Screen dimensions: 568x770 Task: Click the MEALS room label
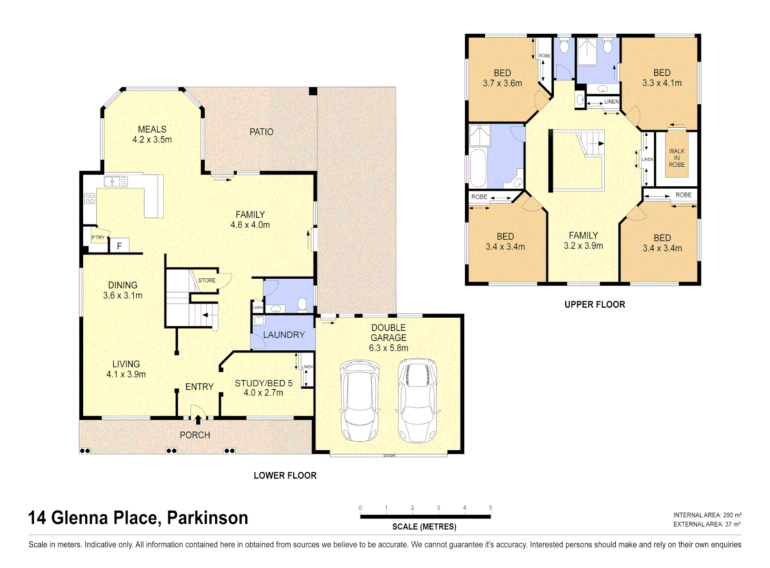pyautogui.click(x=152, y=129)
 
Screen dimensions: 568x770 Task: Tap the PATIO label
pyautogui.click(x=261, y=132)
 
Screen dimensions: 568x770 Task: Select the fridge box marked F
pyautogui.click(x=119, y=246)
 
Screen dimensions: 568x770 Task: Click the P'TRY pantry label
pyautogui.click(x=98, y=238)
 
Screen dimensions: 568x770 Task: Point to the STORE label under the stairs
pyautogui.click(x=207, y=280)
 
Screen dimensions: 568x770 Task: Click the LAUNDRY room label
pyautogui.click(x=284, y=334)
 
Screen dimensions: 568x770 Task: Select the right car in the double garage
pyautogui.click(x=417, y=400)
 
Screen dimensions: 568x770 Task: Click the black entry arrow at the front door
pyautogui.click(x=198, y=419)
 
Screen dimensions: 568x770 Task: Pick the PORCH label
pyautogui.click(x=195, y=435)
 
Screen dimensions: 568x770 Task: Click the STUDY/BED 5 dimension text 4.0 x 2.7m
pyautogui.click(x=263, y=393)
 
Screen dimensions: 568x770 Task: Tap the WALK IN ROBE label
pyautogui.click(x=677, y=158)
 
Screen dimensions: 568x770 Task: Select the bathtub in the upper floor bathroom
pyautogui.click(x=478, y=168)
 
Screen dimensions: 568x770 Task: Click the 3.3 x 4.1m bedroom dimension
pyautogui.click(x=662, y=83)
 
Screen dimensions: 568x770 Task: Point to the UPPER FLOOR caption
pyautogui.click(x=595, y=305)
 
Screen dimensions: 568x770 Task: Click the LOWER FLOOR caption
pyautogui.click(x=285, y=475)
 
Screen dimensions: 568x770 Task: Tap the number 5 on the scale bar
pyautogui.click(x=491, y=508)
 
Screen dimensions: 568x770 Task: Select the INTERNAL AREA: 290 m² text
pyautogui.click(x=707, y=515)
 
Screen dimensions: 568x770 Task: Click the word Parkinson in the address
pyautogui.click(x=207, y=518)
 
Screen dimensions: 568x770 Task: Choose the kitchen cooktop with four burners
pyautogui.click(x=89, y=198)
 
